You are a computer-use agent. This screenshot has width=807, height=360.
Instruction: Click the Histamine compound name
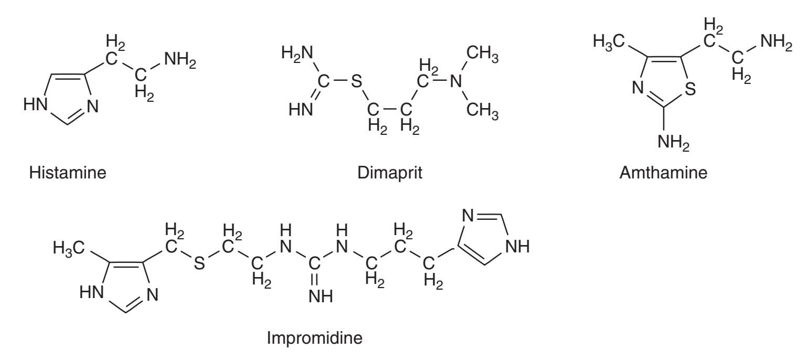[68, 173]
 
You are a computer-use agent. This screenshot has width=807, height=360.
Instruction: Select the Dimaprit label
[389, 173]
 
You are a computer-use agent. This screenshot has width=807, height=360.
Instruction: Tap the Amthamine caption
[663, 173]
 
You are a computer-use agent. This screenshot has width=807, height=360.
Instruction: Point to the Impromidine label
[314, 338]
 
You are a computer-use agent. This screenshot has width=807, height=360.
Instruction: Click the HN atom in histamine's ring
[35, 104]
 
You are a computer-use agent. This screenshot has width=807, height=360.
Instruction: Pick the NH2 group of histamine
[180, 60]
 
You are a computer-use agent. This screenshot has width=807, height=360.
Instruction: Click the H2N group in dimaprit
[297, 54]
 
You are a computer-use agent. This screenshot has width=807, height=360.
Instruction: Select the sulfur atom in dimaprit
[356, 81]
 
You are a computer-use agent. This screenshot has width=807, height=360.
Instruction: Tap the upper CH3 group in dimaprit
[482, 54]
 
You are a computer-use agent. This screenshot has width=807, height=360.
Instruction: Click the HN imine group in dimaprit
[301, 109]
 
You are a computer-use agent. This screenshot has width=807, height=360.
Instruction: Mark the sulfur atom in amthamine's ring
[690, 89]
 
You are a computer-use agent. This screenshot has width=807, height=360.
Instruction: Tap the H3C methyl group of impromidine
[69, 248]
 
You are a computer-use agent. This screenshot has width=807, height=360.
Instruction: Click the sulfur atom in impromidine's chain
[199, 263]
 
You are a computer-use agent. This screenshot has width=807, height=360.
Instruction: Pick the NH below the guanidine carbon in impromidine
[321, 297]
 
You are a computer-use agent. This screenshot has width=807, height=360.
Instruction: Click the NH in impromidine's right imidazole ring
[518, 247]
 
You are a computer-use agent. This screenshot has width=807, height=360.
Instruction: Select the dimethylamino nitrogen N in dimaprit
[456, 81]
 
